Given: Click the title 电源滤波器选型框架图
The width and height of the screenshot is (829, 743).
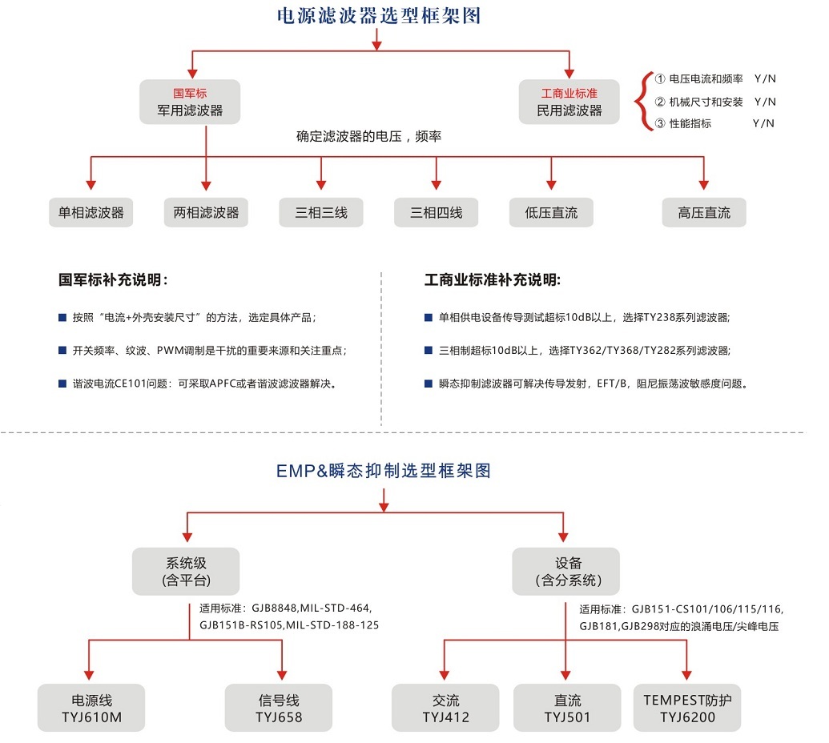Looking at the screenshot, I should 378,15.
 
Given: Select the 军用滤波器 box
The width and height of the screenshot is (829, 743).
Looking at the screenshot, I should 190,102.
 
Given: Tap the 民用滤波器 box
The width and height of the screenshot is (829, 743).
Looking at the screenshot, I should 569,102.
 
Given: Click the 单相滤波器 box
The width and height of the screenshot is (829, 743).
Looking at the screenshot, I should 91,213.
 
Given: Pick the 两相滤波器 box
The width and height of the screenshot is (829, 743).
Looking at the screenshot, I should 206,213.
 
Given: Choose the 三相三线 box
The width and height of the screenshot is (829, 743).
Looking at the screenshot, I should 321,213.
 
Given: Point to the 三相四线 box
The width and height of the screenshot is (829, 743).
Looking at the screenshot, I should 437,213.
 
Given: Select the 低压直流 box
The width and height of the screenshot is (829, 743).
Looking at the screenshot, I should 551,213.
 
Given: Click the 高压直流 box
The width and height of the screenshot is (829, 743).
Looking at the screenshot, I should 704,213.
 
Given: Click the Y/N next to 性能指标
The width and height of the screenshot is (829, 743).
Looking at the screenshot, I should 764,123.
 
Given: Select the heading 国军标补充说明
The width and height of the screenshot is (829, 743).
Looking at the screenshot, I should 113,280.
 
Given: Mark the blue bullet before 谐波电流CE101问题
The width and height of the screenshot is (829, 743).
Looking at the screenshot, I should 62,383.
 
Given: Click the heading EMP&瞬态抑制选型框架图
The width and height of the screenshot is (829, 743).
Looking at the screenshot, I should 383,471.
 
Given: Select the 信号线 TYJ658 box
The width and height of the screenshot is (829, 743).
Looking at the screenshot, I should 279,709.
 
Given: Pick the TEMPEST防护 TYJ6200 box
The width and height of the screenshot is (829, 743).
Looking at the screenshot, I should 687,709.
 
